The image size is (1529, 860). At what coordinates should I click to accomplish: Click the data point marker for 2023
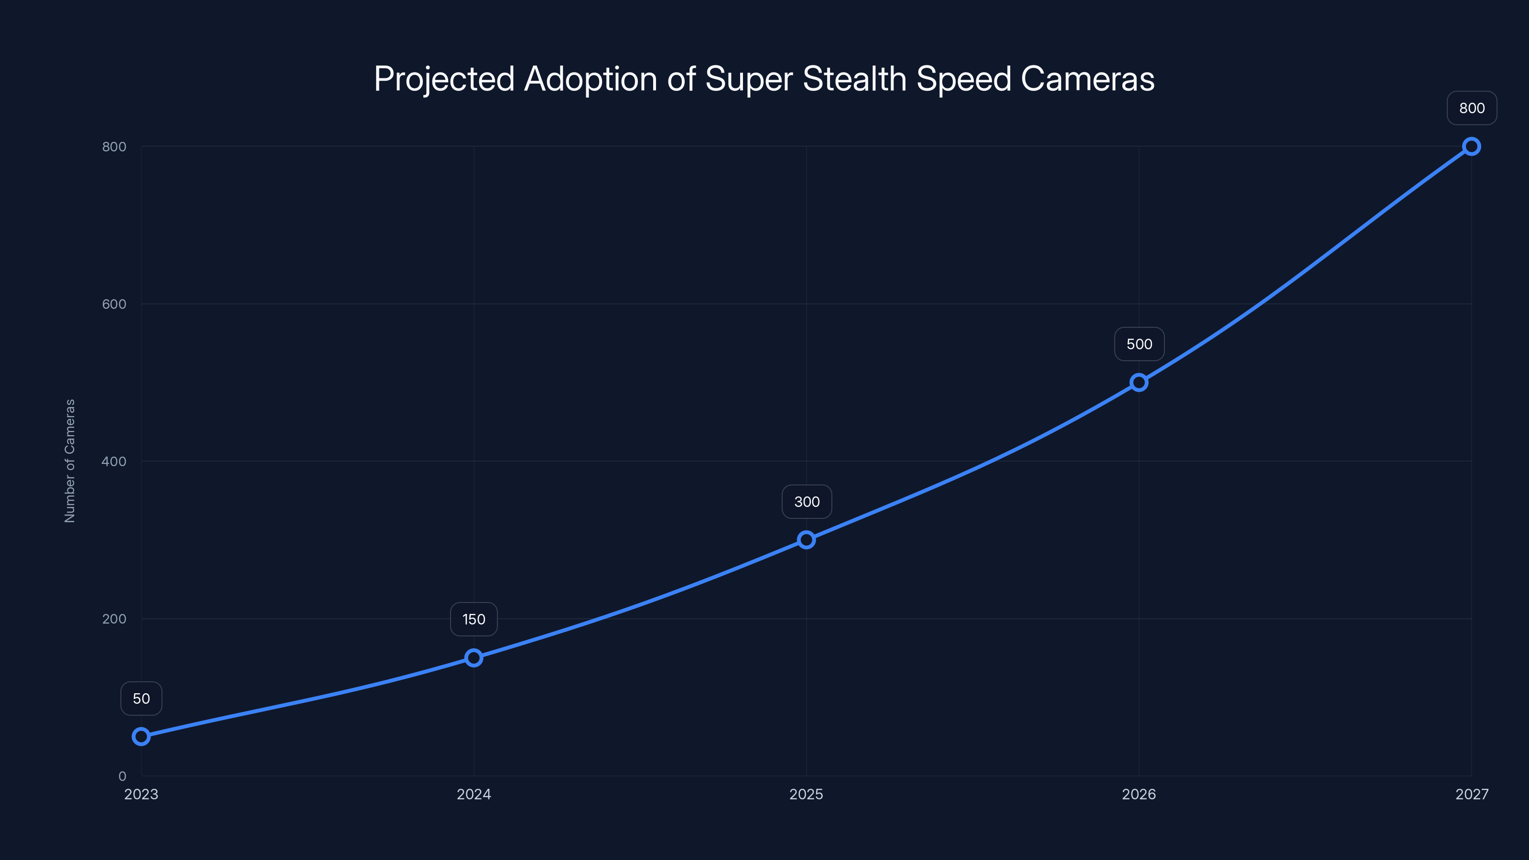click(141, 737)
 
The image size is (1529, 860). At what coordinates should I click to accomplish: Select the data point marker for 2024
click(474, 657)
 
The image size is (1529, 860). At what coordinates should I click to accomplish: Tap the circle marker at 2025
click(806, 539)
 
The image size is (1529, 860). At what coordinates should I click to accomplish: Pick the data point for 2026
click(1139, 382)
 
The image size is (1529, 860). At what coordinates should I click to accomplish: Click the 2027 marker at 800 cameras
click(1472, 147)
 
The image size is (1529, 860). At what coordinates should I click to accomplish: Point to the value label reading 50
click(141, 699)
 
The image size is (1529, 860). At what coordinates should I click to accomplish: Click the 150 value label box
click(474, 619)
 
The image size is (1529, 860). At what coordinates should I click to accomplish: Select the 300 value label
click(807, 502)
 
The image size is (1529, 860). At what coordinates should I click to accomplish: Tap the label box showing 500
click(1139, 344)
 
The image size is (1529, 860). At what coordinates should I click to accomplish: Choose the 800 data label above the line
click(1472, 108)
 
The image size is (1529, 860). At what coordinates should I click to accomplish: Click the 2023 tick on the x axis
click(141, 794)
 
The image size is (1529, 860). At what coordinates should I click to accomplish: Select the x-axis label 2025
click(806, 794)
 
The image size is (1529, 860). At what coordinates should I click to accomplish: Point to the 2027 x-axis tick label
click(1472, 794)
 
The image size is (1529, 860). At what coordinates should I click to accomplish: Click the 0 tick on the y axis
click(122, 776)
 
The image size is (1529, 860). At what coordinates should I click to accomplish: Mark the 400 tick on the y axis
click(114, 461)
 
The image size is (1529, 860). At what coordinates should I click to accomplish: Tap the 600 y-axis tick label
click(114, 304)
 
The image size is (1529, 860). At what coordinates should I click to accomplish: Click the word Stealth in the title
click(854, 79)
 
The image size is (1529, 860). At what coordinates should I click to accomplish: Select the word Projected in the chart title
click(444, 79)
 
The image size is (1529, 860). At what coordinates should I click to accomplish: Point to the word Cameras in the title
click(1088, 79)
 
